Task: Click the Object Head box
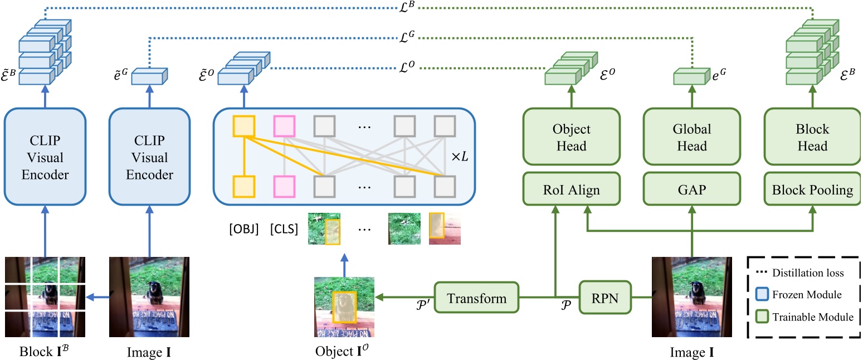[x=571, y=138]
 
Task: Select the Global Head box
[x=691, y=138]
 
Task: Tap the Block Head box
[x=812, y=138]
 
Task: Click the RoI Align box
[x=571, y=190]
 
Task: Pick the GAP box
[x=691, y=190]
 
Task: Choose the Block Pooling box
[x=812, y=190]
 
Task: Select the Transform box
[x=477, y=298]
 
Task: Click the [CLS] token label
[x=284, y=229]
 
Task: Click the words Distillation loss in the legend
[x=808, y=273]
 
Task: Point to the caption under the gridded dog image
[x=45, y=352]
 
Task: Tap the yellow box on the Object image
[x=344, y=307]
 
